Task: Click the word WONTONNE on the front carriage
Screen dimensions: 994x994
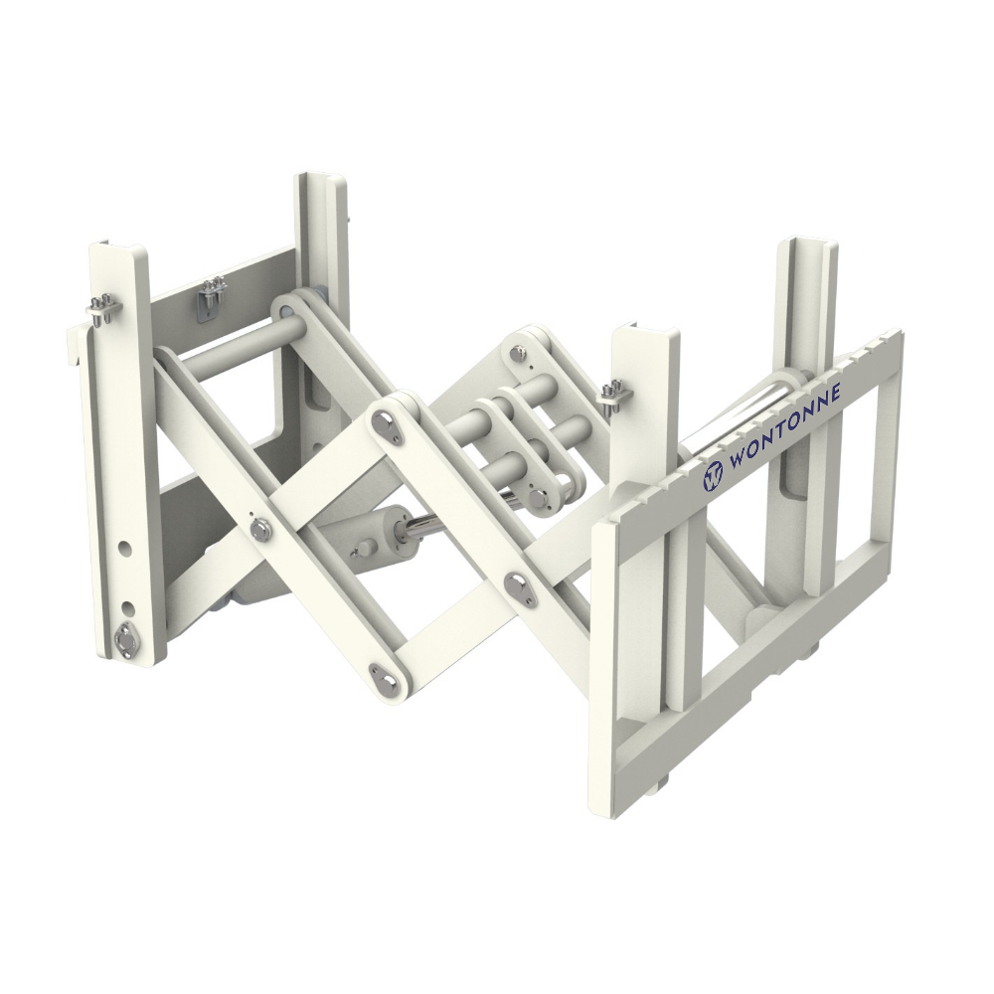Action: click(x=785, y=428)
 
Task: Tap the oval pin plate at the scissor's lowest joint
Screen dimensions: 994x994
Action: click(x=385, y=675)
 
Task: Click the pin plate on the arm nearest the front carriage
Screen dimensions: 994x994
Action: click(x=518, y=586)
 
